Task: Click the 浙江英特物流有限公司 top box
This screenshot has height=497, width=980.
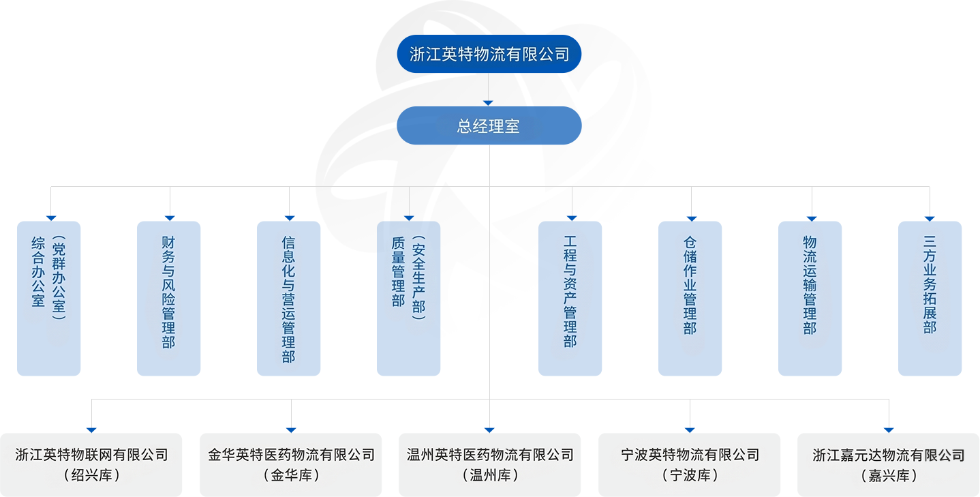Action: [489, 54]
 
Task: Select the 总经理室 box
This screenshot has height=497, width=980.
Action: [489, 125]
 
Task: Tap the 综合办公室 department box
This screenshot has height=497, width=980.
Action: [48, 298]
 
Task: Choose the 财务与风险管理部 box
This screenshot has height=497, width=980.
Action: [168, 298]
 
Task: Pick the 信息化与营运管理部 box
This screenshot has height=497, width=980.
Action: [288, 298]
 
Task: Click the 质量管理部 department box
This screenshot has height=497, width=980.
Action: [408, 298]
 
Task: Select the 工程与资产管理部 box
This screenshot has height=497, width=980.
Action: [570, 298]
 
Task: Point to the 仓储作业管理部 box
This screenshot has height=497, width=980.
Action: [690, 298]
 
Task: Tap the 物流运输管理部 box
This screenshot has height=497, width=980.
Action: [810, 298]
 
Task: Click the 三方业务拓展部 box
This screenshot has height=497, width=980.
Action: [930, 298]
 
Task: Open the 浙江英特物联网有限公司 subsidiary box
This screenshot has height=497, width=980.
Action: [91, 464]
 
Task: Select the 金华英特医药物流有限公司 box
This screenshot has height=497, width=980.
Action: [291, 464]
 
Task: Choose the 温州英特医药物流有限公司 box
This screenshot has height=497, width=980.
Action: [489, 464]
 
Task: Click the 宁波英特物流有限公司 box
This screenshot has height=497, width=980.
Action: [690, 464]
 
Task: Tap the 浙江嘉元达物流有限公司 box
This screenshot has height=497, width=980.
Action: [889, 464]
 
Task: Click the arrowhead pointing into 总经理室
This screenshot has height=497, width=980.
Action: [488, 103]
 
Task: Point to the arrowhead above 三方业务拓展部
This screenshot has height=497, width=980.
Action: [930, 218]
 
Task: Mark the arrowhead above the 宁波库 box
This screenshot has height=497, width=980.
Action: [690, 430]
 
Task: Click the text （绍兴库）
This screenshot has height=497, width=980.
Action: [91, 475]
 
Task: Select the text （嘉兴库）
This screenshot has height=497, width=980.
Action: [889, 475]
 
